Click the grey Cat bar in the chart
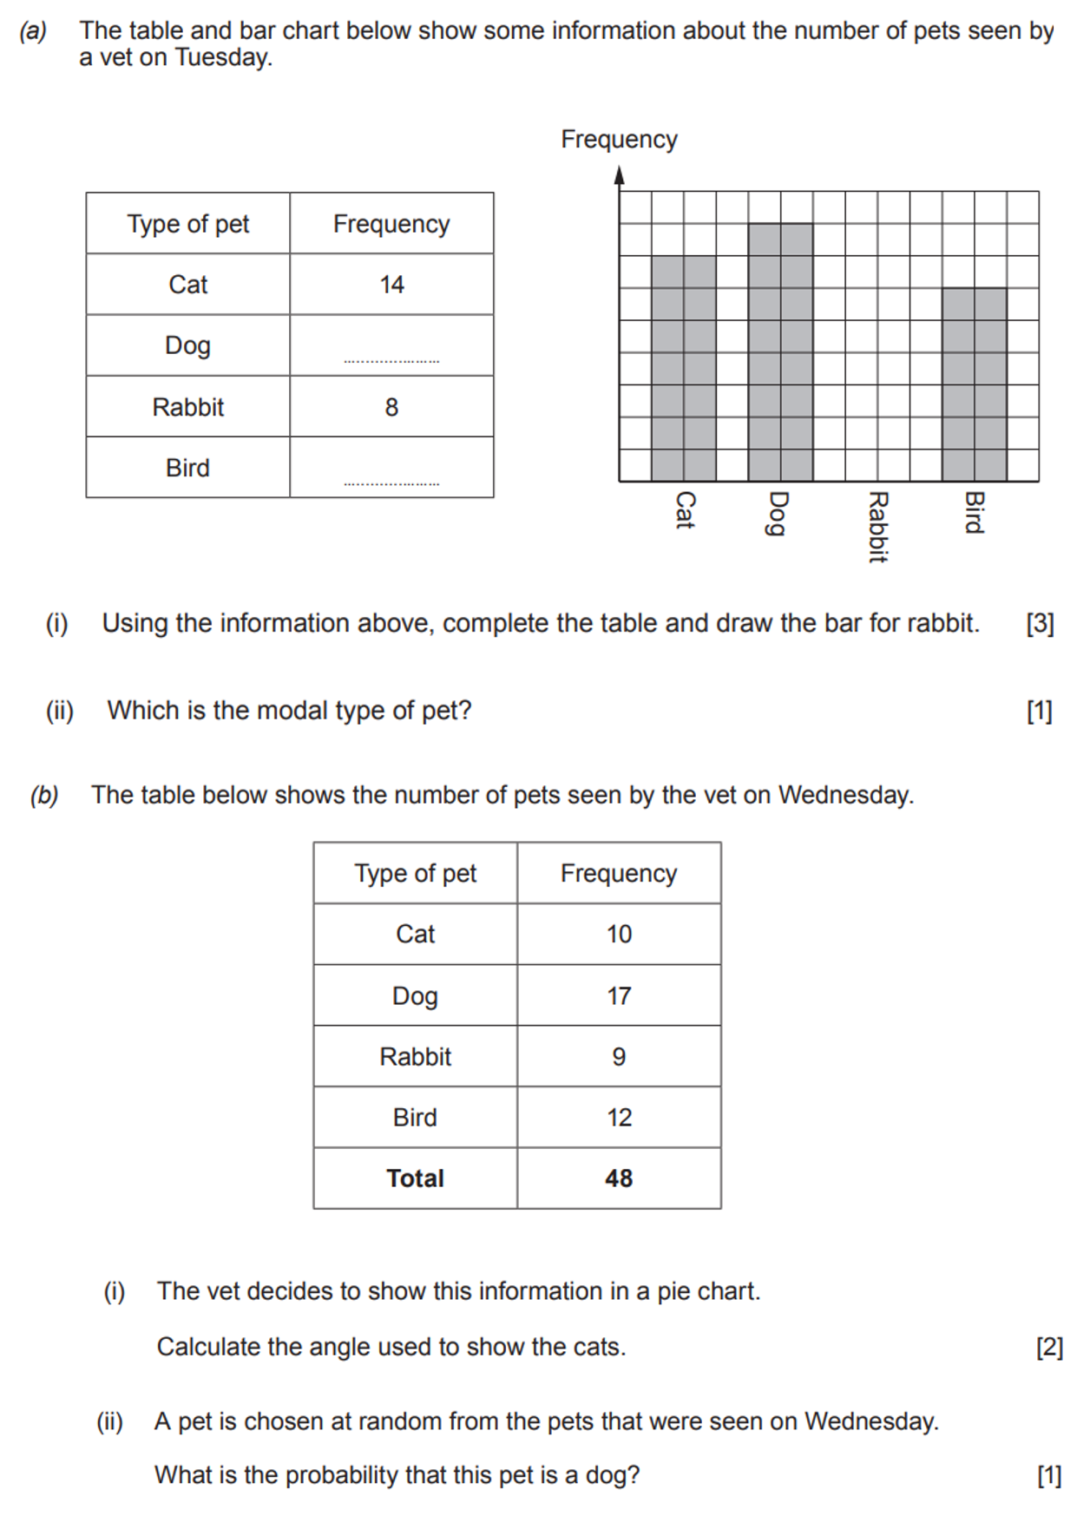click(x=684, y=368)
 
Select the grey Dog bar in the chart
click(x=780, y=352)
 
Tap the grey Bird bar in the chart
click(x=975, y=384)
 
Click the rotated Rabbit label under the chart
click(x=877, y=527)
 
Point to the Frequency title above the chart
click(x=619, y=140)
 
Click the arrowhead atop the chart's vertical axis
click(x=619, y=175)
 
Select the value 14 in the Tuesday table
click(x=391, y=285)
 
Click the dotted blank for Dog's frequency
click(x=391, y=358)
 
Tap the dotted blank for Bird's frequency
click(x=391, y=481)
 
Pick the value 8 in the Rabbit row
click(x=391, y=407)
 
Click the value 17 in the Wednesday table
click(x=619, y=995)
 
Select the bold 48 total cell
click(x=619, y=1178)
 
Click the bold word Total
click(x=415, y=1178)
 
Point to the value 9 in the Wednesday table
click(x=619, y=1057)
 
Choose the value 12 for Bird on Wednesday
click(x=619, y=1118)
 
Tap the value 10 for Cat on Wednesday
click(x=619, y=935)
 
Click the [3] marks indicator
click(x=1040, y=624)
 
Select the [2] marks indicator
click(x=1049, y=1347)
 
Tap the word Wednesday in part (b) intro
click(x=844, y=795)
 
